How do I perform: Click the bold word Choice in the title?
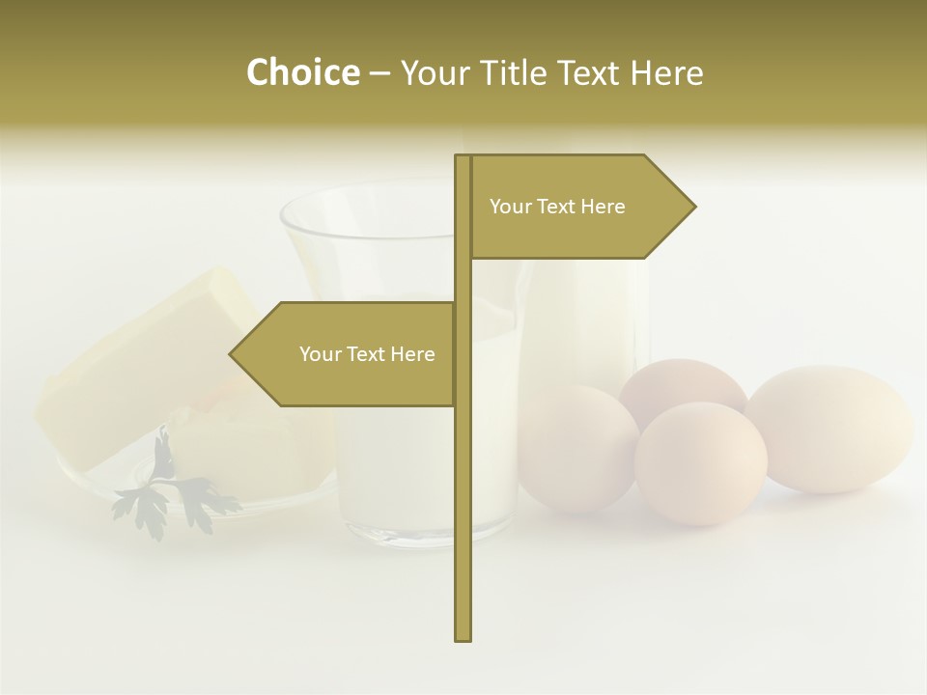coord(302,72)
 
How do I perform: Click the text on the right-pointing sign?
coord(557,207)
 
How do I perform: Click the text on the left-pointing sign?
coord(367,354)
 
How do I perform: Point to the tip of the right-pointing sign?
coord(693,206)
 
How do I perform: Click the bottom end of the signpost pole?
coord(463,637)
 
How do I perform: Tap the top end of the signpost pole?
coord(463,157)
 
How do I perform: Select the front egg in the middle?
coord(701,463)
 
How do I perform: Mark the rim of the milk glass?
coord(367,193)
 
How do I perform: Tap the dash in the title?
coord(379,73)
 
